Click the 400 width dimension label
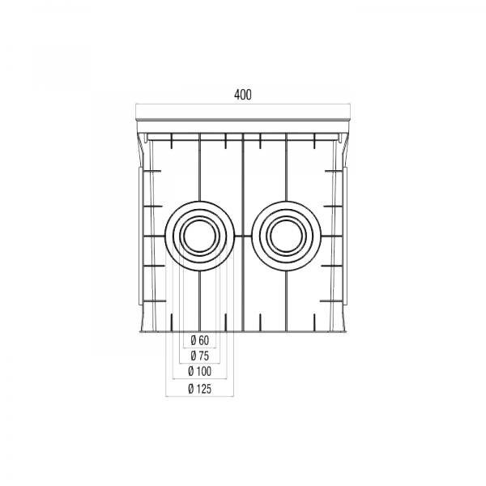pyautogui.click(x=242, y=95)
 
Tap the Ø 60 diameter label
pyautogui.click(x=198, y=339)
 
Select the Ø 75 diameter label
pyautogui.click(x=198, y=356)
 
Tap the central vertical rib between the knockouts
pyautogui.click(x=242, y=235)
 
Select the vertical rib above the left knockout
pyautogui.click(x=198, y=166)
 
